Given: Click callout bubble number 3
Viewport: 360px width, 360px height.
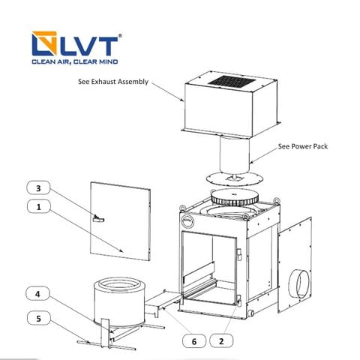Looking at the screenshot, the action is [x=38, y=187].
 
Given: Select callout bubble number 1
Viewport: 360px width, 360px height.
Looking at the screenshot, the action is [x=38, y=206].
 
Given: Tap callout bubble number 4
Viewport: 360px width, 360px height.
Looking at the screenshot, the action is [x=38, y=294].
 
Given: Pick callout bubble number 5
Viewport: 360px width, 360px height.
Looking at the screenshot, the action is [x=39, y=318].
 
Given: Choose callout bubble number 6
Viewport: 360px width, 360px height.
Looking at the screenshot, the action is [x=194, y=341].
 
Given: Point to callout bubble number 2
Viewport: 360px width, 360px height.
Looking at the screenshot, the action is [x=221, y=340].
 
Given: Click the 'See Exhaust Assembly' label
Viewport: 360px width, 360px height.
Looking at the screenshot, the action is [x=113, y=82].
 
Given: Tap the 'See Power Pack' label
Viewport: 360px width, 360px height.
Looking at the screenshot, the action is [x=303, y=146].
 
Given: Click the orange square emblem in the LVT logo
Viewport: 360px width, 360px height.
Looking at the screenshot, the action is [x=44, y=43].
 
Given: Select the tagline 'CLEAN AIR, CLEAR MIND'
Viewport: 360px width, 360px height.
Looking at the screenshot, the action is [x=75, y=61].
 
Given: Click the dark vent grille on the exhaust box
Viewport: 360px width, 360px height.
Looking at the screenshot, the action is [x=232, y=82].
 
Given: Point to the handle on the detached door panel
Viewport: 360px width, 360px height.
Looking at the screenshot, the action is [x=98, y=218].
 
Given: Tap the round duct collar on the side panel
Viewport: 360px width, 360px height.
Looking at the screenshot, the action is [x=299, y=283].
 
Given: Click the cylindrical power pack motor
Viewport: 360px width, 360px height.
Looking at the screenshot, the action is [x=235, y=154].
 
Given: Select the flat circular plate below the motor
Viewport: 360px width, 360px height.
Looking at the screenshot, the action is [x=235, y=178].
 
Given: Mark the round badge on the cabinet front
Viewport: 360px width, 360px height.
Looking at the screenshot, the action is [x=188, y=221].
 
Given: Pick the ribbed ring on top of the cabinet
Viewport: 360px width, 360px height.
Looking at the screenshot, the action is [x=234, y=197].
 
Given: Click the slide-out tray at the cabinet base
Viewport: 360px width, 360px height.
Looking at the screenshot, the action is [x=163, y=302].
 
